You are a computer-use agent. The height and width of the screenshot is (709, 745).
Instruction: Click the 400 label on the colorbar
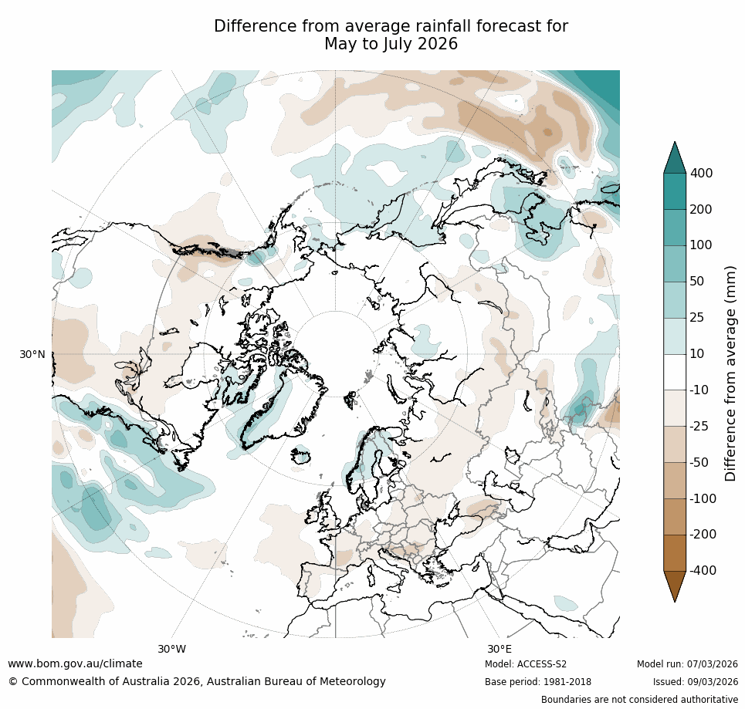pyautogui.click(x=701, y=174)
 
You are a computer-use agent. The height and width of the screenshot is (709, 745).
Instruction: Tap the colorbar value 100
pyautogui.click(x=701, y=245)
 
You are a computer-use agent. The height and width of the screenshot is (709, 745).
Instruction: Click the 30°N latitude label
pyautogui.click(x=32, y=354)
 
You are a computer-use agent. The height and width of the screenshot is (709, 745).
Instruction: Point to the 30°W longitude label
pyautogui.click(x=172, y=649)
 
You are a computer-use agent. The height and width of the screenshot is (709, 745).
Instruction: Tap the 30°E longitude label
pyautogui.click(x=499, y=649)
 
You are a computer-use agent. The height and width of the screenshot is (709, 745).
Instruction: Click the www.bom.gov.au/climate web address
pyautogui.click(x=75, y=663)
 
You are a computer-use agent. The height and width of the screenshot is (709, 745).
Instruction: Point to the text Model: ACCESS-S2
pyautogui.click(x=526, y=664)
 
